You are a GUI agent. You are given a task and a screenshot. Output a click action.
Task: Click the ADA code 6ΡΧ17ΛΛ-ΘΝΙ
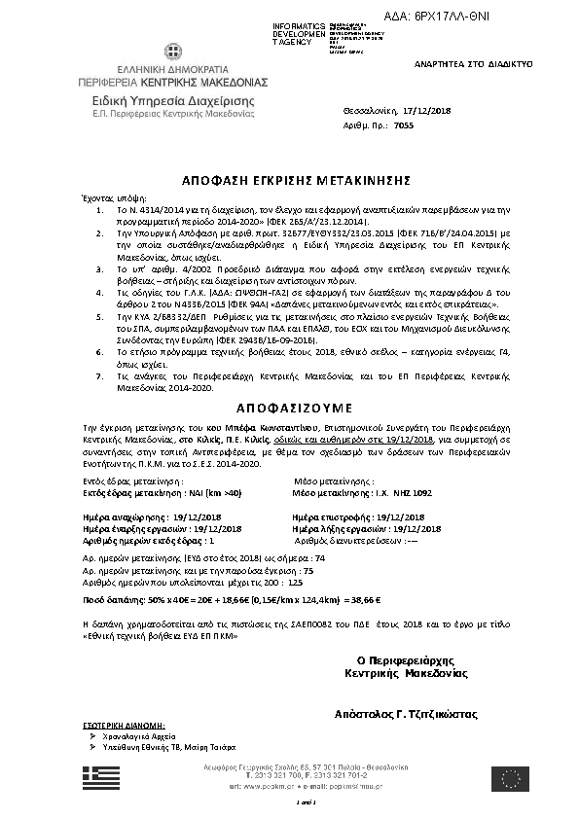(x=515, y=16)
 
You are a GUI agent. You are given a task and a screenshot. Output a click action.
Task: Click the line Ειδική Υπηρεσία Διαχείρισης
(x=159, y=100)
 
